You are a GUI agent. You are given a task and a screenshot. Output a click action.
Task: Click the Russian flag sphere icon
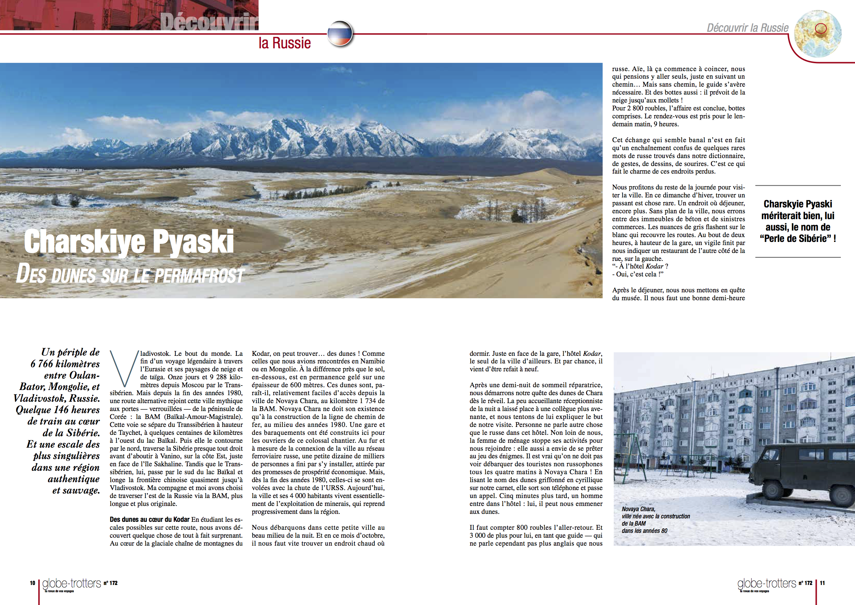340,33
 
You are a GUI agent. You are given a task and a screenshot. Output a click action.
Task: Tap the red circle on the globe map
821,28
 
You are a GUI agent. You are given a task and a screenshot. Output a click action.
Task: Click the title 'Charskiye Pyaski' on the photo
129,242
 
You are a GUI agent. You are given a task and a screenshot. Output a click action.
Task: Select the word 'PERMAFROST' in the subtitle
199,276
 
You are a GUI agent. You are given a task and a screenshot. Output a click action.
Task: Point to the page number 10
32,583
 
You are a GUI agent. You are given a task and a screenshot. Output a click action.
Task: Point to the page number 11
822,583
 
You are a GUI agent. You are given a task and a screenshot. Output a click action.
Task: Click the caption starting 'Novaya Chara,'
655,520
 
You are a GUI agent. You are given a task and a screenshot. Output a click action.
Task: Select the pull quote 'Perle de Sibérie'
798,238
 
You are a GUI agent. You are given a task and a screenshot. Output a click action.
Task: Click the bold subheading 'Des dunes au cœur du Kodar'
149,520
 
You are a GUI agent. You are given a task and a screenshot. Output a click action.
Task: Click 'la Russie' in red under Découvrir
284,43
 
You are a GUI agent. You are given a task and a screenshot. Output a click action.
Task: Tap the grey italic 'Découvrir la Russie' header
747,28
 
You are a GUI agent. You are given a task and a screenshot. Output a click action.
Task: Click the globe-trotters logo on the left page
71,583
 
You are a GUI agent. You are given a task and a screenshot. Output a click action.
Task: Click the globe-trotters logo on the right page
766,583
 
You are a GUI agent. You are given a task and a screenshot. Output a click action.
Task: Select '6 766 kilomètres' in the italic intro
65,364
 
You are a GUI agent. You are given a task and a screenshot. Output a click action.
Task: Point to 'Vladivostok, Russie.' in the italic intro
57,399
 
